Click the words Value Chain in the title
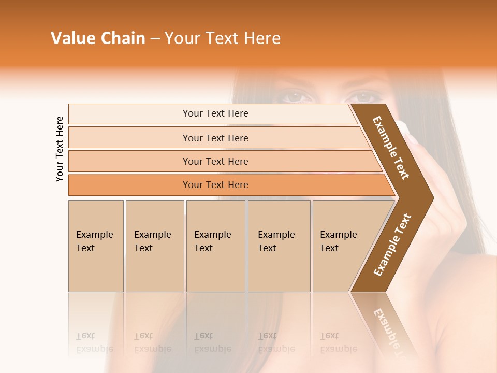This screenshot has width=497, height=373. [98, 38]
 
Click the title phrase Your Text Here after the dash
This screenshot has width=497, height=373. [223, 38]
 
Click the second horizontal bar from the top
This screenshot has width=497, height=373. [215, 138]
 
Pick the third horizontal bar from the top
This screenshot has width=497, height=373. [215, 161]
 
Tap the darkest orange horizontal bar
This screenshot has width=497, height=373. [215, 185]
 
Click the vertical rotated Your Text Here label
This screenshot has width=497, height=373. [60, 149]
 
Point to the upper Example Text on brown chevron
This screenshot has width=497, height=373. [391, 148]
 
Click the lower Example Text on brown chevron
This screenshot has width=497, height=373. [392, 245]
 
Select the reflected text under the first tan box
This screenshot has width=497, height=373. [94, 342]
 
